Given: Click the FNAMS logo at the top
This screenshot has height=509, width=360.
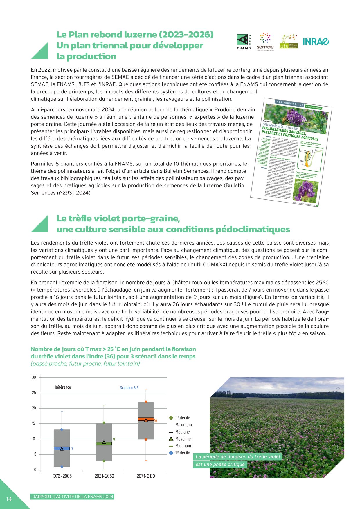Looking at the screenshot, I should [x=244, y=42].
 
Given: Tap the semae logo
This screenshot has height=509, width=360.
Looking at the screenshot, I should [x=265, y=41].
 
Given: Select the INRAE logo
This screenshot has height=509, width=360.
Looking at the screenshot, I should [x=316, y=41].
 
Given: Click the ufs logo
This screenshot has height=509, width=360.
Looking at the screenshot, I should [x=288, y=41].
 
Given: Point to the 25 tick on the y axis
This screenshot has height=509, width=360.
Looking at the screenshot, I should [x=34, y=393].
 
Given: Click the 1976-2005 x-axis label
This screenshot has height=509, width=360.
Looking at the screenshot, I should [x=62, y=476].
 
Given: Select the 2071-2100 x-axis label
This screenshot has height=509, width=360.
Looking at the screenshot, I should [x=146, y=476].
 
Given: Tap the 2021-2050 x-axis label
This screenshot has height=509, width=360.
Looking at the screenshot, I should [x=104, y=476].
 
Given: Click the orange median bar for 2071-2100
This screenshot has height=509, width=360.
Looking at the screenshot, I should [x=146, y=419].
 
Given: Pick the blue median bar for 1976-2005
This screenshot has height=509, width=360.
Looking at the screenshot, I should [x=62, y=448].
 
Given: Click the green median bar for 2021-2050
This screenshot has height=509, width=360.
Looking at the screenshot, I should [x=104, y=444].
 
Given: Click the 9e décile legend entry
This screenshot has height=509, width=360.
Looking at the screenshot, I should [x=182, y=418].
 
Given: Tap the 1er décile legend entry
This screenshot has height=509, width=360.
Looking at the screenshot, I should [x=182, y=453].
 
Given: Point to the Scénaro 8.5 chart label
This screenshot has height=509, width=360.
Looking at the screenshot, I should [x=129, y=388].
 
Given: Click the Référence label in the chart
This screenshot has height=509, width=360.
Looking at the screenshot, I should [x=63, y=387].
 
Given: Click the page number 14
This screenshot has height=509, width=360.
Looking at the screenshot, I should [x=9, y=499].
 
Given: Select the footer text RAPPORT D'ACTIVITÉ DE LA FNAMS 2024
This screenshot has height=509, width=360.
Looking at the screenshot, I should [x=73, y=497].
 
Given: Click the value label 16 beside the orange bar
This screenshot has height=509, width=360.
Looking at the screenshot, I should [x=156, y=421].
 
